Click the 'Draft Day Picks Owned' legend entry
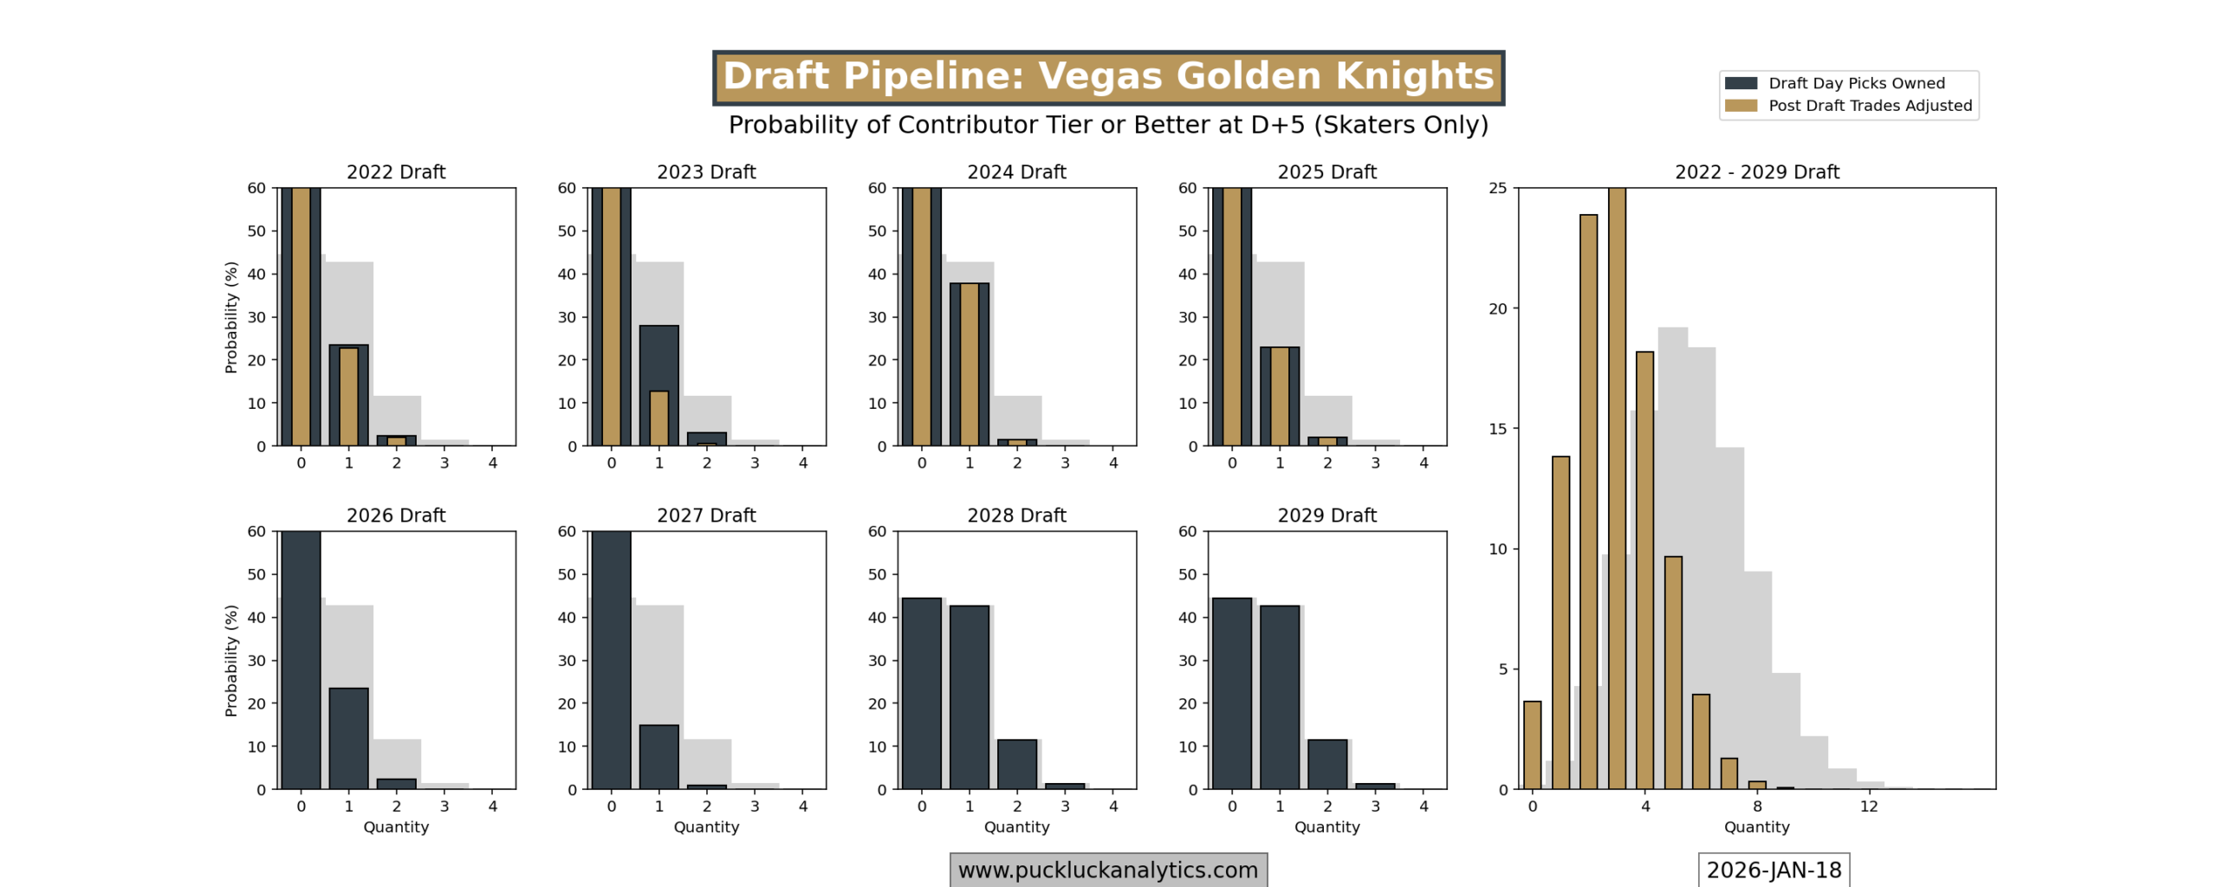[1855, 83]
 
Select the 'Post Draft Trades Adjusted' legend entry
[1869, 106]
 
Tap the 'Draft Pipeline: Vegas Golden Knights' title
[1108, 76]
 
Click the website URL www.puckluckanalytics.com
[1107, 870]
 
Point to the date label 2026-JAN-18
[1773, 870]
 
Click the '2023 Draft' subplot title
[706, 172]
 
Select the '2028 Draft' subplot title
[1016, 515]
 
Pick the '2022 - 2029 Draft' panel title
[1756, 172]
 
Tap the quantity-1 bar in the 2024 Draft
[969, 364]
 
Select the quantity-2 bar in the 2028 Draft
[1016, 764]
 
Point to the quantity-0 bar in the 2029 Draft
[1231, 693]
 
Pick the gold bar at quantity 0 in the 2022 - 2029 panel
[1532, 745]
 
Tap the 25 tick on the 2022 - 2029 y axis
[1497, 188]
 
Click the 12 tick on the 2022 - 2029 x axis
[1869, 806]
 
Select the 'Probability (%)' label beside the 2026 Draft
[230, 660]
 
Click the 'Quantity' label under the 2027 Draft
[706, 826]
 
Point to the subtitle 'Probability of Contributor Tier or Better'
[1108, 125]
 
